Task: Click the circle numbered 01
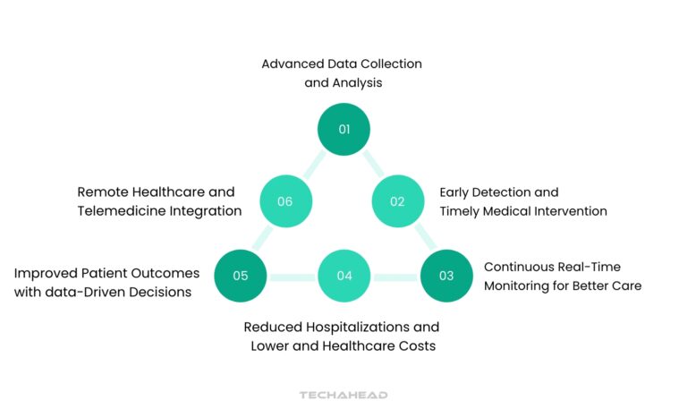(x=344, y=129)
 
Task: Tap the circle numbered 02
(x=397, y=201)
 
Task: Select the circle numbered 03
(x=446, y=275)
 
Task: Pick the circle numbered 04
(x=344, y=275)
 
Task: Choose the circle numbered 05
(x=241, y=275)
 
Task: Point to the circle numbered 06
(x=285, y=201)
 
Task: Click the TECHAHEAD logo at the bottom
(x=343, y=395)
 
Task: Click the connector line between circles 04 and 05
(x=293, y=276)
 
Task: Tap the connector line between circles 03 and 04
(x=395, y=276)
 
